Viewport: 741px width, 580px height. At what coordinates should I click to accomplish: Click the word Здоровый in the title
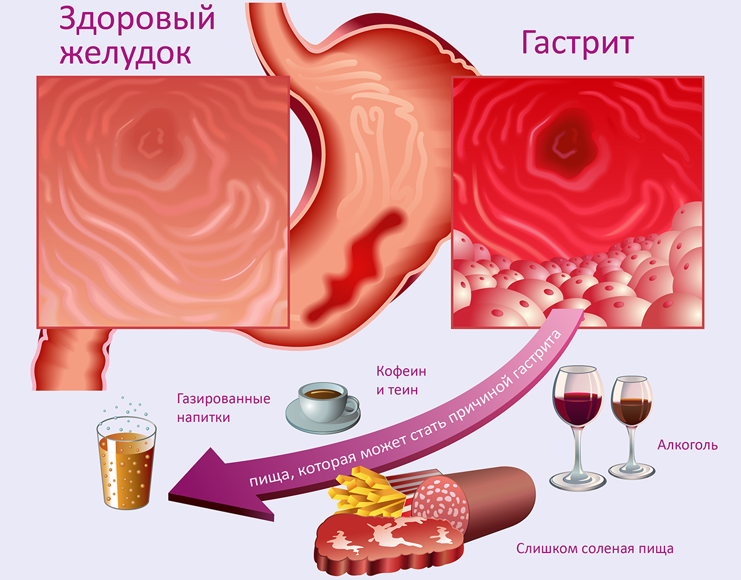coord(137,20)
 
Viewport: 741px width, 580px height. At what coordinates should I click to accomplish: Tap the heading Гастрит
coord(577,43)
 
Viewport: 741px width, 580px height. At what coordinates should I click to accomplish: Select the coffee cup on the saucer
coord(323,408)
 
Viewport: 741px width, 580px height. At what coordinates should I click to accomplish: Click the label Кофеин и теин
coord(401,381)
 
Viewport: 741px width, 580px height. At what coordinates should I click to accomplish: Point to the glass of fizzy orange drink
coord(126,460)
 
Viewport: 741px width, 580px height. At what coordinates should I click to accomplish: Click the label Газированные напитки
coord(223,408)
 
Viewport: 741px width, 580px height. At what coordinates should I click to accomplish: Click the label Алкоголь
coord(688,445)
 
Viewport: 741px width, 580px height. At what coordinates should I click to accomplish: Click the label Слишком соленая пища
coord(595,549)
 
